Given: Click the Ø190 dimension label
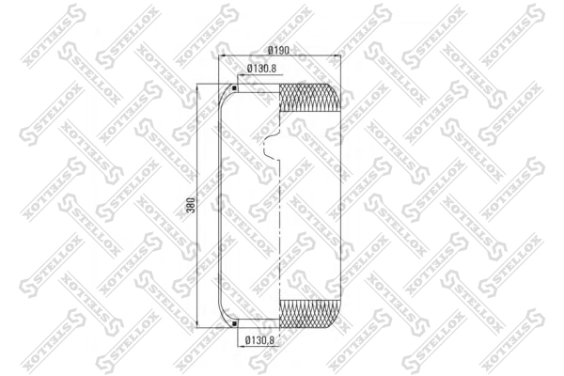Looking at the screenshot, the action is coord(279,51).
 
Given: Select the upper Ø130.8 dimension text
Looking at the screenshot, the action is coord(261,69).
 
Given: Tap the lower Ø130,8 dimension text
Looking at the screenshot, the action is coord(259,339).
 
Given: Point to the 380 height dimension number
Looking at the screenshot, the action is coord(192,205).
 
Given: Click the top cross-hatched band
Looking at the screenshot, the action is coord(309,97).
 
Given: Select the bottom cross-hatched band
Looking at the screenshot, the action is coord(309,314).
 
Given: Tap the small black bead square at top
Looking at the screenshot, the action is coord(234,87).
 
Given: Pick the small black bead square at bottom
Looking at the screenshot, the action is coord(234,323).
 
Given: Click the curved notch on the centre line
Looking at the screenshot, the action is coord(271,147).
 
